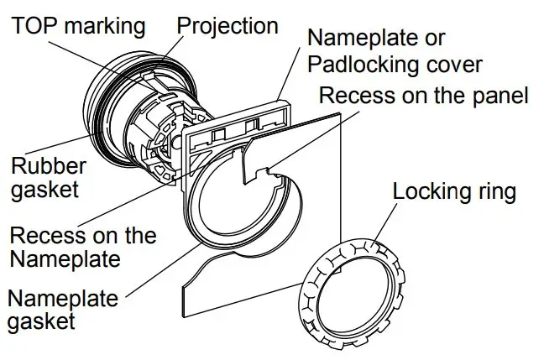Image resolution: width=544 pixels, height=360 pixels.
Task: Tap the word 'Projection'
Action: pos(228,25)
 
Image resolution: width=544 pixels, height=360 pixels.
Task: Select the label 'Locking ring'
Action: pos(454,191)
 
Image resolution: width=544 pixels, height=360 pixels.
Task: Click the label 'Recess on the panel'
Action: pos(424,96)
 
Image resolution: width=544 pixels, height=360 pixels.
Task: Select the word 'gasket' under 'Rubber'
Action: pos(45,188)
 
